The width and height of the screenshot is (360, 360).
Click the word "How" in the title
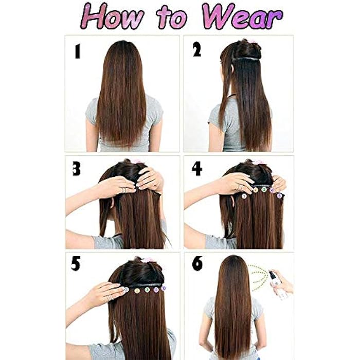click(114, 17)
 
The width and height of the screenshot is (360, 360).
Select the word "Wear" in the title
click(242, 17)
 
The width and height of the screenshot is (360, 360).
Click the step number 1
click(77, 51)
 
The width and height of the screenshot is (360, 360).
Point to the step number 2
click(197, 50)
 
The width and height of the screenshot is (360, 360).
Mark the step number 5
click(76, 264)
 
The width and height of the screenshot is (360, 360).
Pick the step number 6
click(197, 264)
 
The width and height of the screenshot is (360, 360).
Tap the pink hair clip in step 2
click(253, 41)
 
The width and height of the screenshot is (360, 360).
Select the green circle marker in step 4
click(264, 190)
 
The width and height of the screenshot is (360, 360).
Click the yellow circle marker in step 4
click(255, 190)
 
